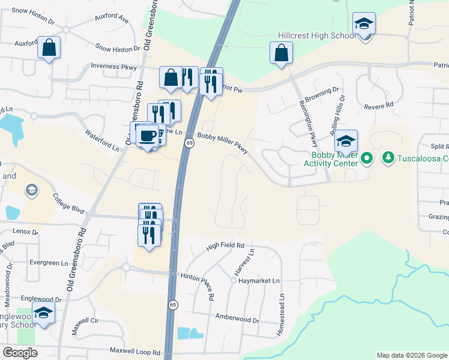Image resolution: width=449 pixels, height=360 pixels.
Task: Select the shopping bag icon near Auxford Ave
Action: click(x=49, y=47)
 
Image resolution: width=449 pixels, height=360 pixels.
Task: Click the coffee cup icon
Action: click(x=147, y=134)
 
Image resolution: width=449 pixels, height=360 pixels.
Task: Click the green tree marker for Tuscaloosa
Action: click(x=388, y=158)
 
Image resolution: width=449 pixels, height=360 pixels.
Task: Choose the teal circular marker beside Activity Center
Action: click(x=367, y=158)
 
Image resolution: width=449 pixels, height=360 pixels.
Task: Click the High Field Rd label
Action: click(x=225, y=245)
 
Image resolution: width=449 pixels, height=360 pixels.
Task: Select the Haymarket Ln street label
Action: click(x=259, y=280)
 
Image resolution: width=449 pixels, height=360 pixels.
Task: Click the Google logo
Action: click(x=20, y=353)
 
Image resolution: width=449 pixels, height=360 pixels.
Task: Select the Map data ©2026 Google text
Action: click(x=412, y=355)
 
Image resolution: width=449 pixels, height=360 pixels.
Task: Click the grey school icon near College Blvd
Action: click(x=31, y=190)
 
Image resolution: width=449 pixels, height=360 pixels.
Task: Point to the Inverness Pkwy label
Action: click(x=114, y=67)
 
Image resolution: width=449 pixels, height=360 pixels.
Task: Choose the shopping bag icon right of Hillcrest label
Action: click(x=281, y=53)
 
